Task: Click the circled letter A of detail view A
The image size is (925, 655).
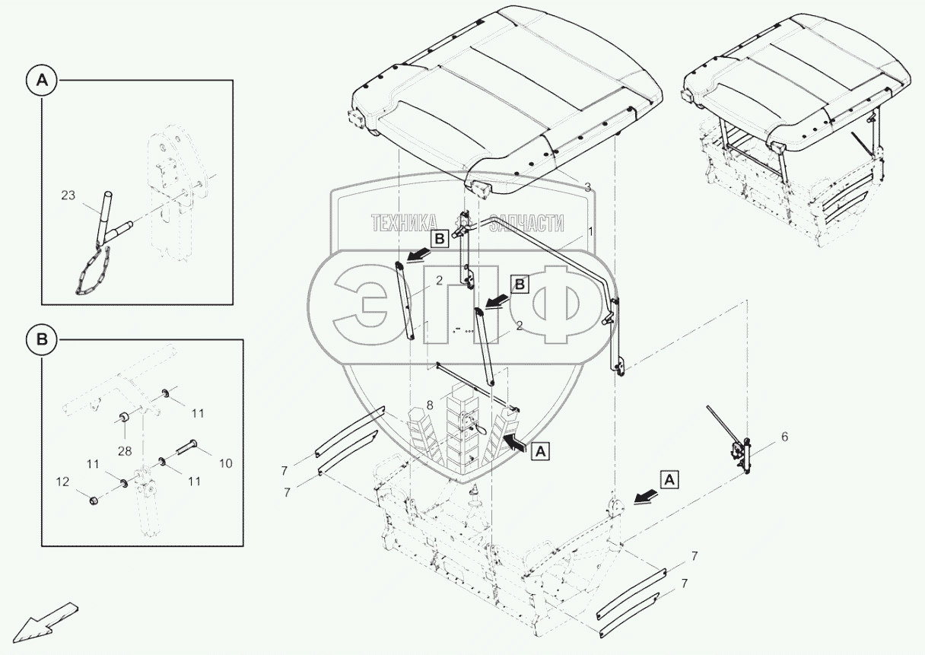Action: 42,81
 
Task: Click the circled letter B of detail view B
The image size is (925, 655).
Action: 42,339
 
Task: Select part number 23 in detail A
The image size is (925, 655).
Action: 68,195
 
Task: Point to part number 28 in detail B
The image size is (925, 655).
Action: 124,451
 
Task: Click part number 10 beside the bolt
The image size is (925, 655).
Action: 225,463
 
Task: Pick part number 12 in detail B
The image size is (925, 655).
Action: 62,482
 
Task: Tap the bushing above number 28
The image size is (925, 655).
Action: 124,416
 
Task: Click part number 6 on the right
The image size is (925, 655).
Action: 785,437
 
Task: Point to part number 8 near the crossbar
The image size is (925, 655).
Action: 430,405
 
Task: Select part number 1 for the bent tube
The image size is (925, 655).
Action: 590,232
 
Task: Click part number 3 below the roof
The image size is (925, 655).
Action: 587,186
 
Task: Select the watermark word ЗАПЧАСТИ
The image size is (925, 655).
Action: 526,224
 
